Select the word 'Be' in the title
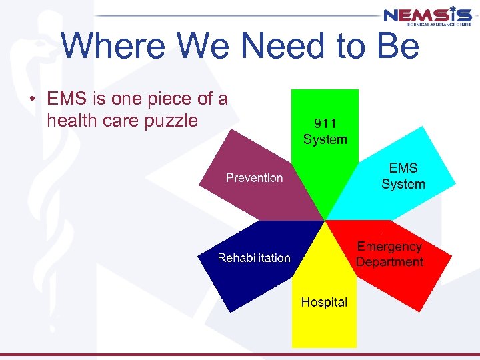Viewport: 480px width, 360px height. pos(397,47)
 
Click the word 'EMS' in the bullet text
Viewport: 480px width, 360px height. pos(67,100)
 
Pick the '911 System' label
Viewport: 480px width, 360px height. pos(325,132)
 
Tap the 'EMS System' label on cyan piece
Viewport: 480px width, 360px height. pos(403,177)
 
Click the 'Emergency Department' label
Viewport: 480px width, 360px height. pos(389,254)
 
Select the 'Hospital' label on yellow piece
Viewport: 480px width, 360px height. pos(324,302)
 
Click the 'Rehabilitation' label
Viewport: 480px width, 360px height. pos(254,258)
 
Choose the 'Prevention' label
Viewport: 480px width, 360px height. pos(254,178)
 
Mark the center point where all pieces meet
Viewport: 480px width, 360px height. pos(325,220)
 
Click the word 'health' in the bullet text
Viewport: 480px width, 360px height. pos(71,121)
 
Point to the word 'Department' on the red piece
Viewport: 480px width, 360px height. pos(389,261)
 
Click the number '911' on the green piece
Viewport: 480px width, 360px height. pos(325,124)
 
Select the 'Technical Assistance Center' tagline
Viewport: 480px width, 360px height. pos(437,24)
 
